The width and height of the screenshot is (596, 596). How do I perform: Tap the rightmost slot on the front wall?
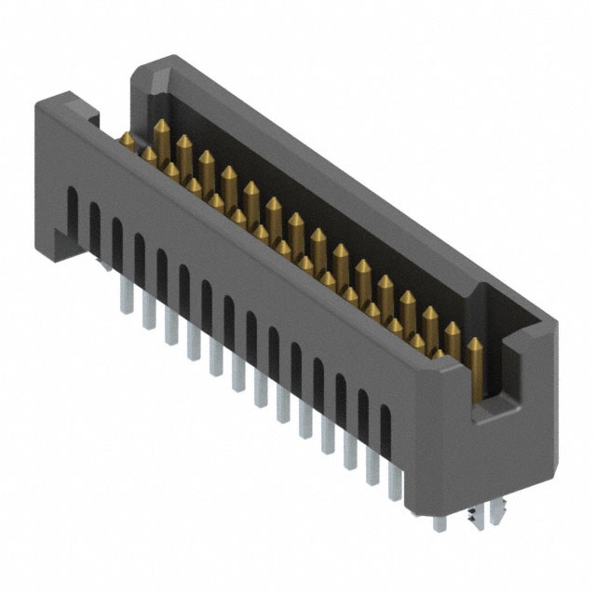(x=386, y=431)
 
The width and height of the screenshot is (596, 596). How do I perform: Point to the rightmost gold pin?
(x=475, y=368)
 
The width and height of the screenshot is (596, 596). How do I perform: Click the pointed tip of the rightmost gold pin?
(x=475, y=343)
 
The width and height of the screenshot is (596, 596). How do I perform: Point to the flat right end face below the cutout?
(x=508, y=466)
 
